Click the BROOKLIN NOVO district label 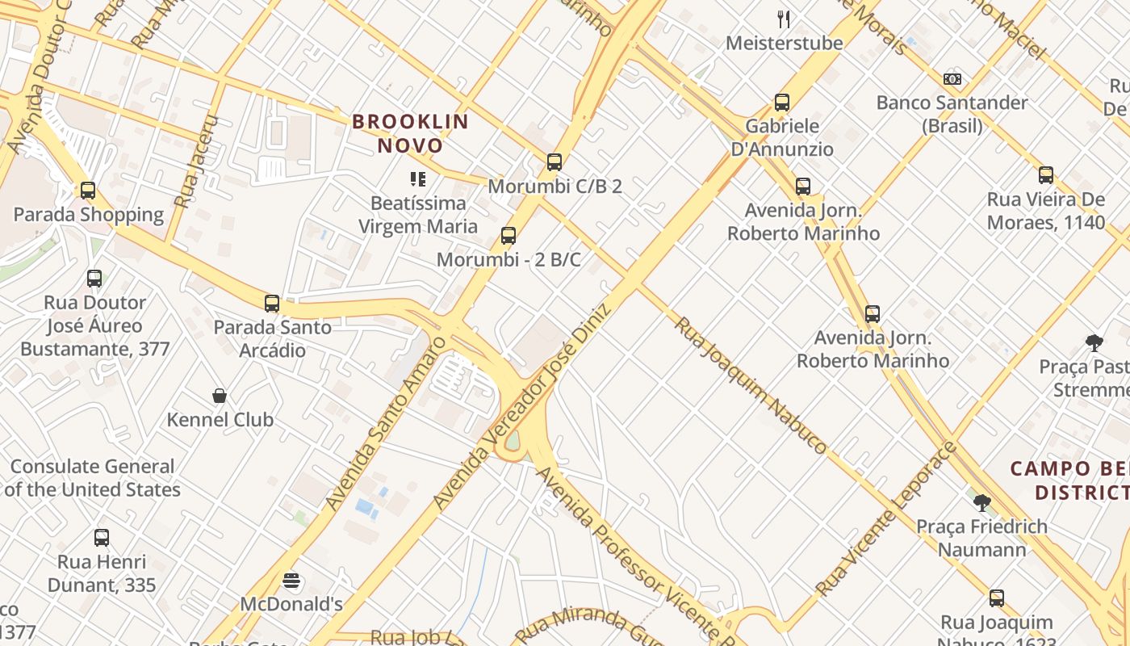tap(410, 134)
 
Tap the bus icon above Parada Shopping tap(88, 191)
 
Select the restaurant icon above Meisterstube tap(783, 19)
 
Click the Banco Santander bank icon tap(952, 79)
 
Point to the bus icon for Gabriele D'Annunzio tap(781, 103)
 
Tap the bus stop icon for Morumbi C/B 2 tap(554, 162)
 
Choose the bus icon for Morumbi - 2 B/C tap(508, 236)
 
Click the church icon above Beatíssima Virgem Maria tap(417, 178)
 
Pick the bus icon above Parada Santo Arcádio tap(272, 304)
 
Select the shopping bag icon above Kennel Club tap(220, 396)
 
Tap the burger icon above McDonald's tap(291, 581)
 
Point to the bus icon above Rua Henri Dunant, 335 tap(102, 538)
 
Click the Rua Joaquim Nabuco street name tap(751, 384)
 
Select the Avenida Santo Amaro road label tap(385, 424)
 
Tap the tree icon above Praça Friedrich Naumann tap(981, 503)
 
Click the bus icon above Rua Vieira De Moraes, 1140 tap(1046, 175)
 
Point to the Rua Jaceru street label tap(196, 161)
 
